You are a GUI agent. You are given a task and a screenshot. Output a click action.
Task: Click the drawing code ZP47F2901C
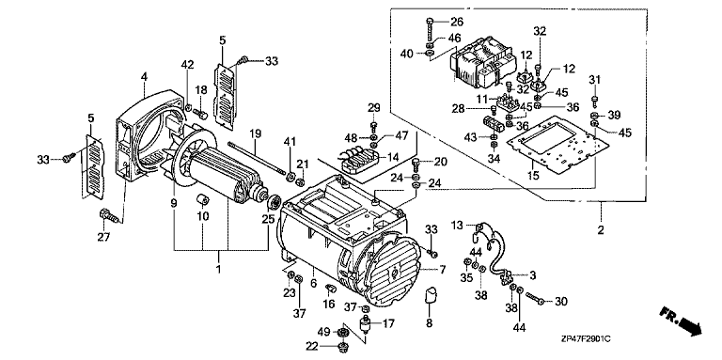click(587, 338)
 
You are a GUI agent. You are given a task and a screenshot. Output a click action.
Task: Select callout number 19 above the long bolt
click(256, 134)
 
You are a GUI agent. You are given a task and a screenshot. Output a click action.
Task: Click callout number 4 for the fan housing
click(144, 77)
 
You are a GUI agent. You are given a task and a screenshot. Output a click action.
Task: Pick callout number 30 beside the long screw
click(561, 302)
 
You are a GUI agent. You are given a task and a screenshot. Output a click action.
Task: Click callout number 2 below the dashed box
click(601, 229)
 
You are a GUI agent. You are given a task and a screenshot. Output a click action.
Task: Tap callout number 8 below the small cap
click(429, 323)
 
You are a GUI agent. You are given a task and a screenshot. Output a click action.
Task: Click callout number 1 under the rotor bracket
click(219, 269)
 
